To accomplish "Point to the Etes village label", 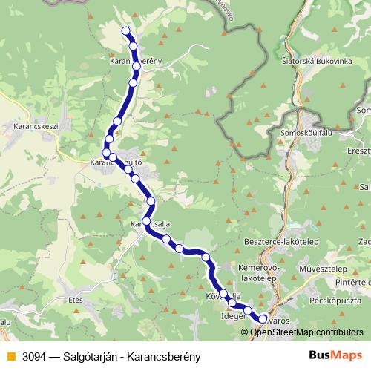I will [76, 300].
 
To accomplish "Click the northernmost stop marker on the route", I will [125, 30].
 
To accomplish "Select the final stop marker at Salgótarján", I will [262, 318].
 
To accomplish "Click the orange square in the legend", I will [9, 355].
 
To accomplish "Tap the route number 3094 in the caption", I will [31, 355].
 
